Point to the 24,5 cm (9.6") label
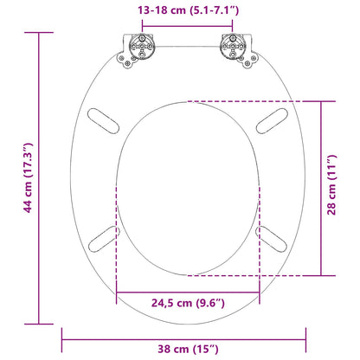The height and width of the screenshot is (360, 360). (187, 304)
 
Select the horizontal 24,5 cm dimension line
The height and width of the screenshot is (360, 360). (187, 289)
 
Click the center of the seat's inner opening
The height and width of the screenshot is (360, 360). (187, 186)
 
